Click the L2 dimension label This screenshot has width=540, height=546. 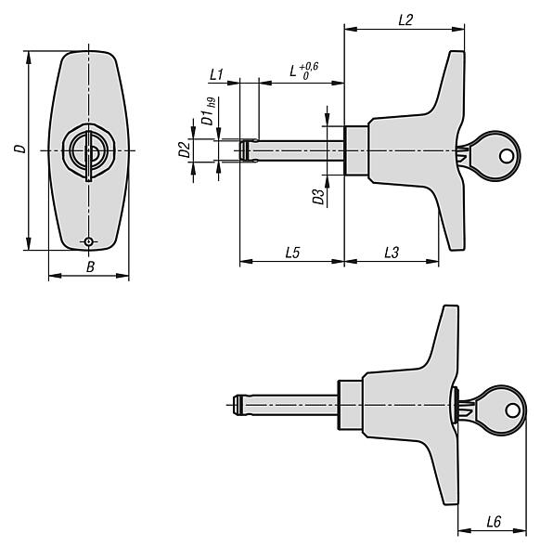tap(405, 19)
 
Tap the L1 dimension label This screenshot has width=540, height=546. tap(216, 74)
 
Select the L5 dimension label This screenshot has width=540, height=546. tap(292, 253)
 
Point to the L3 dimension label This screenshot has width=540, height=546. tap(392, 253)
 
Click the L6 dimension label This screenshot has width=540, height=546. tap(494, 522)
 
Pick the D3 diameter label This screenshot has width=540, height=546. tap(319, 197)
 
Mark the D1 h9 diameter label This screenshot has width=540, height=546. tap(209, 111)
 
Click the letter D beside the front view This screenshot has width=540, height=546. tap(20, 149)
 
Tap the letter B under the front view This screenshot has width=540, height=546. tap(90, 267)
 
